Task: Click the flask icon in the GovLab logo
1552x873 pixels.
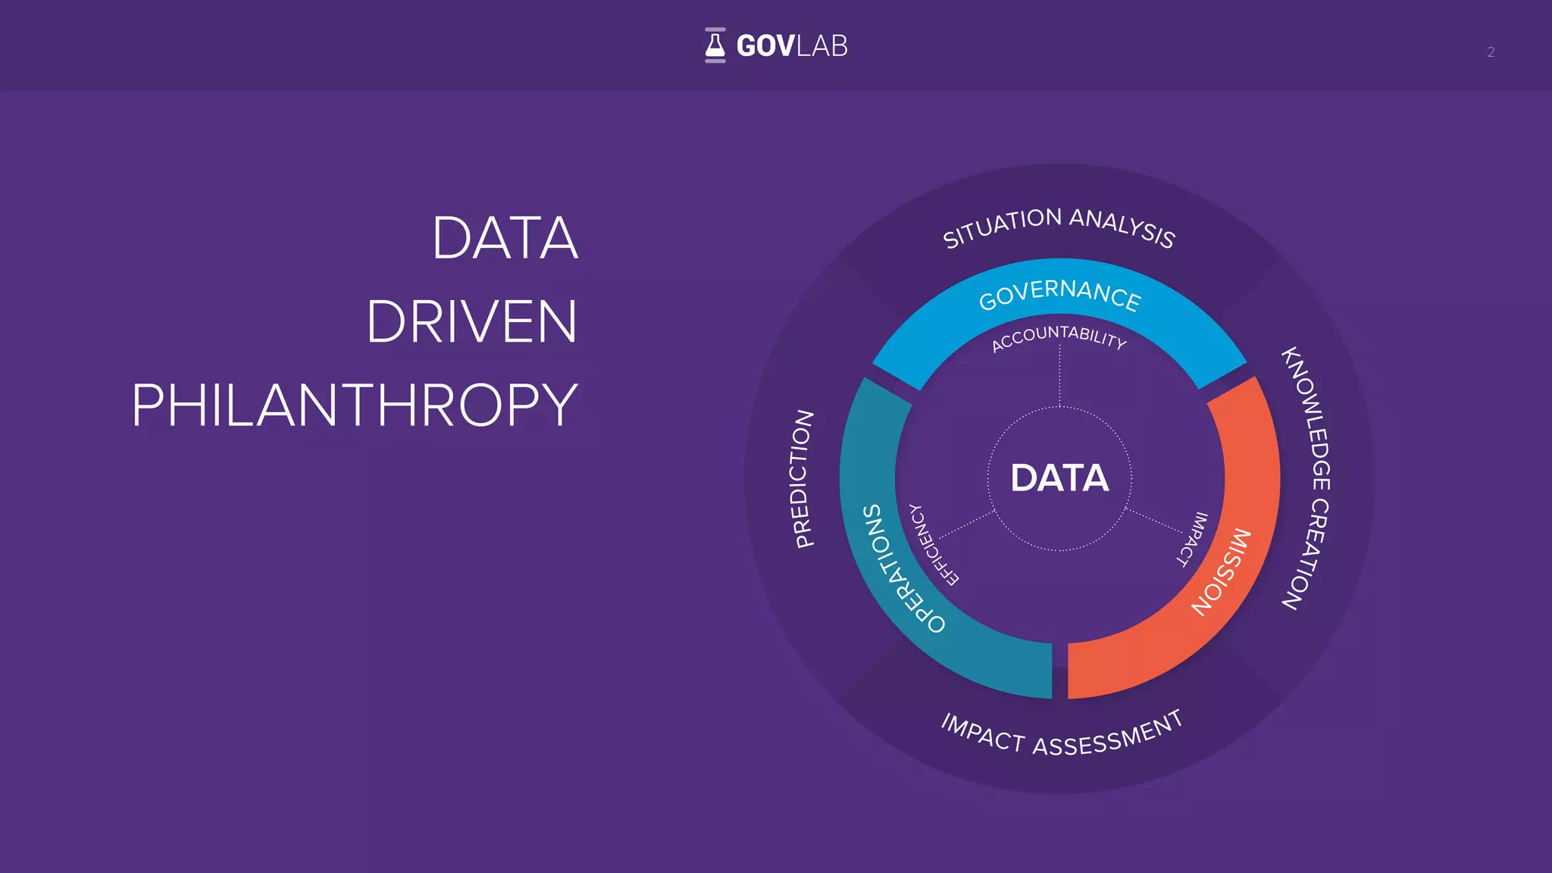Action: pyautogui.click(x=715, y=45)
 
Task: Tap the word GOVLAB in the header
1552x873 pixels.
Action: pyautogui.click(x=792, y=46)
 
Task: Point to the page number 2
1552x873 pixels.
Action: pyautogui.click(x=1490, y=52)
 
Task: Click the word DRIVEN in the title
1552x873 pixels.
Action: pyautogui.click(x=471, y=321)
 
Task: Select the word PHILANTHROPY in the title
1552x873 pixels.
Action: pyautogui.click(x=355, y=405)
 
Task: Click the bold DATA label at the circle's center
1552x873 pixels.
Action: pyautogui.click(x=1059, y=478)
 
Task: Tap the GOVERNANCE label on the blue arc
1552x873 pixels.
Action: pyautogui.click(x=1059, y=293)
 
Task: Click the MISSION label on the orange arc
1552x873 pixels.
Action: pyautogui.click(x=1222, y=571)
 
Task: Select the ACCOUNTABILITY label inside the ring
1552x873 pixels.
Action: pyautogui.click(x=1059, y=337)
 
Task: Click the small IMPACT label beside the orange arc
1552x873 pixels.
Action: pyautogui.click(x=1192, y=539)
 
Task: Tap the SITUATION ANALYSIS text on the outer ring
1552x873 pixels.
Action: pyautogui.click(x=1059, y=226)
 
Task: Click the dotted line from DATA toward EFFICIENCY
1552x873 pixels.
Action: pyautogui.click(x=967, y=525)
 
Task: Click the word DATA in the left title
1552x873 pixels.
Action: pyautogui.click(x=505, y=238)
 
